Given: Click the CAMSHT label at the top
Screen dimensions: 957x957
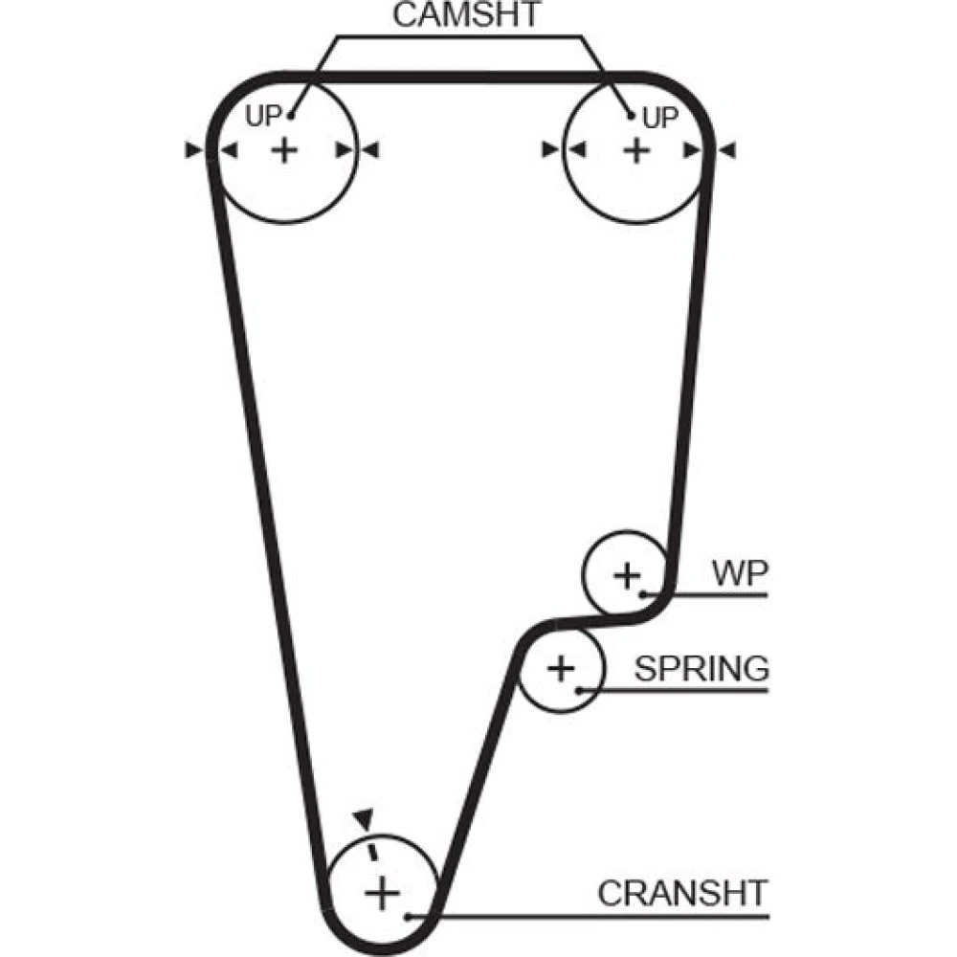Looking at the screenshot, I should click(x=467, y=16).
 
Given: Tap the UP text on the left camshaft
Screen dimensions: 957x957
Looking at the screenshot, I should click(x=263, y=117).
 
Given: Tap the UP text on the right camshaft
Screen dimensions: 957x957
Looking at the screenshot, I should click(x=659, y=118).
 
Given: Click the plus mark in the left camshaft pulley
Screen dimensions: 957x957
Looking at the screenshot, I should click(x=284, y=150).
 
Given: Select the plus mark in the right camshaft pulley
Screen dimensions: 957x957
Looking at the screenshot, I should click(x=635, y=150).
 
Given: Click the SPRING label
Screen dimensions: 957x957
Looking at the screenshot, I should click(x=701, y=667).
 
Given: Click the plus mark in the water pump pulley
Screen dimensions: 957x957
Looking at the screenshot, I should click(x=626, y=575).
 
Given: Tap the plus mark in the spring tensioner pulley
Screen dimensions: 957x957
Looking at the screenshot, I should click(x=562, y=667).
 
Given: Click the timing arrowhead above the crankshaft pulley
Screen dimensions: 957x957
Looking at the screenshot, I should click(x=362, y=816).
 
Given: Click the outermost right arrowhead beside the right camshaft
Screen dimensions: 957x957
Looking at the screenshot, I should click(x=726, y=150).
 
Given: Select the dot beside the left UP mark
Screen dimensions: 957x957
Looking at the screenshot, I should click(x=291, y=117).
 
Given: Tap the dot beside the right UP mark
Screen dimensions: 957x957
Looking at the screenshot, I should click(x=632, y=117).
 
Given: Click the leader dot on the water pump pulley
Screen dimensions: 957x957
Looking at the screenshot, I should click(x=645, y=595).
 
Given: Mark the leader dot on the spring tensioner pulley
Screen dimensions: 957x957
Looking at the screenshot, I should click(x=580, y=689).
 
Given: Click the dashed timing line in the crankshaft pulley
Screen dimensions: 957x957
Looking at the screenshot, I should click(x=373, y=850).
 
